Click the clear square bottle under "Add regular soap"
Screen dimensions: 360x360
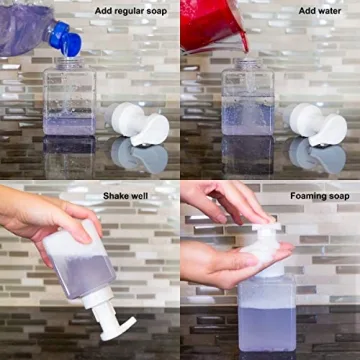click(70, 100)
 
